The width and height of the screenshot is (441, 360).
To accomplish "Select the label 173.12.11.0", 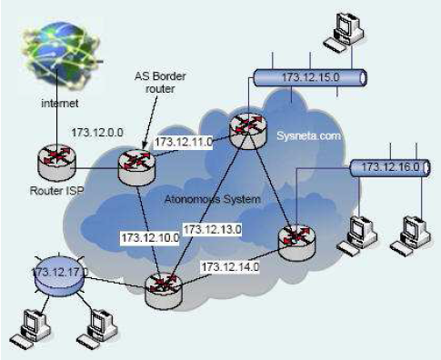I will pos(185,141).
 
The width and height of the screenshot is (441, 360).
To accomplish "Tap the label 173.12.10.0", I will pos(149,237).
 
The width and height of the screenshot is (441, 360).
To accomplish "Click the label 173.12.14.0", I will pos(230,266).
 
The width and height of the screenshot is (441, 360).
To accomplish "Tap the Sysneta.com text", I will pos(308,135).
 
